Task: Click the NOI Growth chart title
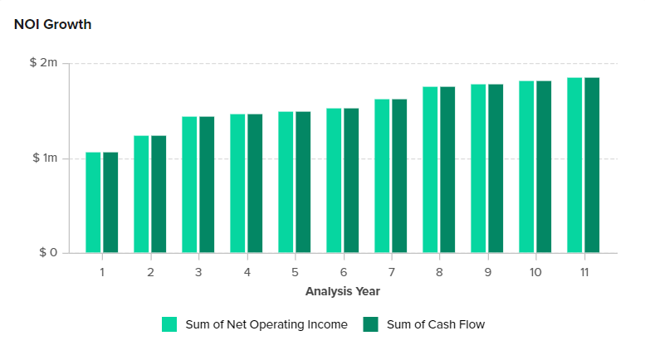point(52,24)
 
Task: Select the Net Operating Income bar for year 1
point(93,202)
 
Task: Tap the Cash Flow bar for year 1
point(110,202)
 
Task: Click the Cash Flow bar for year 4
point(255,183)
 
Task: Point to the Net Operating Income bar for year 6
point(334,181)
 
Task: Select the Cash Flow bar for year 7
point(399,176)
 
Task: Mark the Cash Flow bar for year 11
point(592,165)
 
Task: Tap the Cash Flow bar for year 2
point(159,194)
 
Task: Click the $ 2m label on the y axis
point(44,63)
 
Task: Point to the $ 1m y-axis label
point(44,158)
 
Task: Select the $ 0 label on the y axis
point(48,253)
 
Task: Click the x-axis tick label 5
point(295,272)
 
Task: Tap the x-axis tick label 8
point(439,272)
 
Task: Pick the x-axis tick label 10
point(535,272)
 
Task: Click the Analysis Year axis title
point(343,291)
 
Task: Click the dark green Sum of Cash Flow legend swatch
point(371,324)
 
